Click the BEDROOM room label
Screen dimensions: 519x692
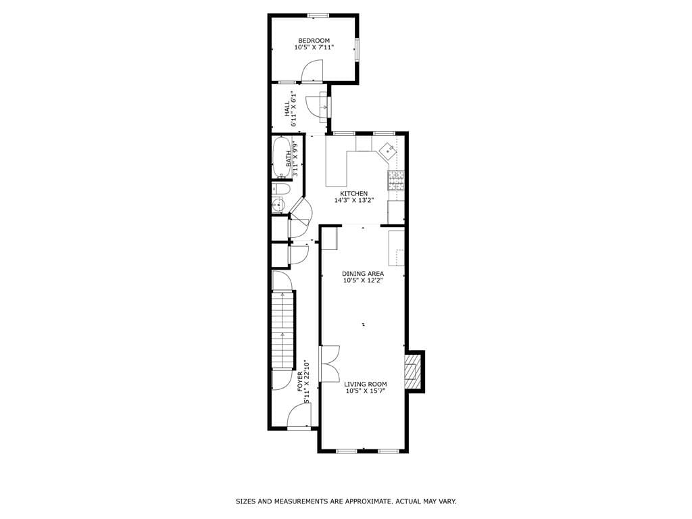(314, 41)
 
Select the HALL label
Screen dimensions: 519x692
(287, 108)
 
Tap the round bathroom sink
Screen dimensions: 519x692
(276, 205)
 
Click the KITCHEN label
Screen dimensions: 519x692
(353, 193)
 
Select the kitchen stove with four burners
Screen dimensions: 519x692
(396, 179)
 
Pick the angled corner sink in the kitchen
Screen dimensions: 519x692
(388, 150)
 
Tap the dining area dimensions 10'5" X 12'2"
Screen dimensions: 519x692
(363, 280)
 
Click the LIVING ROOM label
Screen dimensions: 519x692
(365, 384)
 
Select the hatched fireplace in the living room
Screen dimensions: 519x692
(412, 372)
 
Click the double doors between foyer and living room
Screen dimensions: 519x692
(330, 363)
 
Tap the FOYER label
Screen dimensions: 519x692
(300, 382)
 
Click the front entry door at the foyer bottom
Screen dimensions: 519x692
(299, 418)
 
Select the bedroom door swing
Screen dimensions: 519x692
(312, 70)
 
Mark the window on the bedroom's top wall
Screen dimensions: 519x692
(318, 16)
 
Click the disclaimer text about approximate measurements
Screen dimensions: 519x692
(346, 501)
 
